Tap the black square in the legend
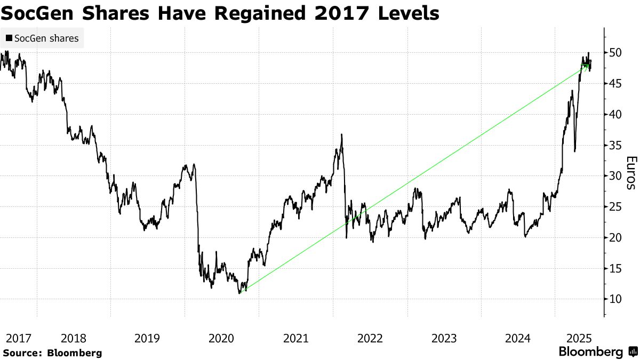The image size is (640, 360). click(x=9, y=38)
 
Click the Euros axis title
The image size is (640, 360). click(x=630, y=173)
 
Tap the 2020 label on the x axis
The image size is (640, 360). click(x=221, y=338)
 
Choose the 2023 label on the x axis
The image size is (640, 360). click(x=444, y=338)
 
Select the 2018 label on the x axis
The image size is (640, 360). click(x=74, y=338)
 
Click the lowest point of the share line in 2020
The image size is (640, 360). click(x=240, y=293)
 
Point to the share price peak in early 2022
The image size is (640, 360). click(x=341, y=135)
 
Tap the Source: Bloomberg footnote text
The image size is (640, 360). click(x=52, y=353)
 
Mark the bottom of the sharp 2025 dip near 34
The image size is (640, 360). click(x=574, y=151)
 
